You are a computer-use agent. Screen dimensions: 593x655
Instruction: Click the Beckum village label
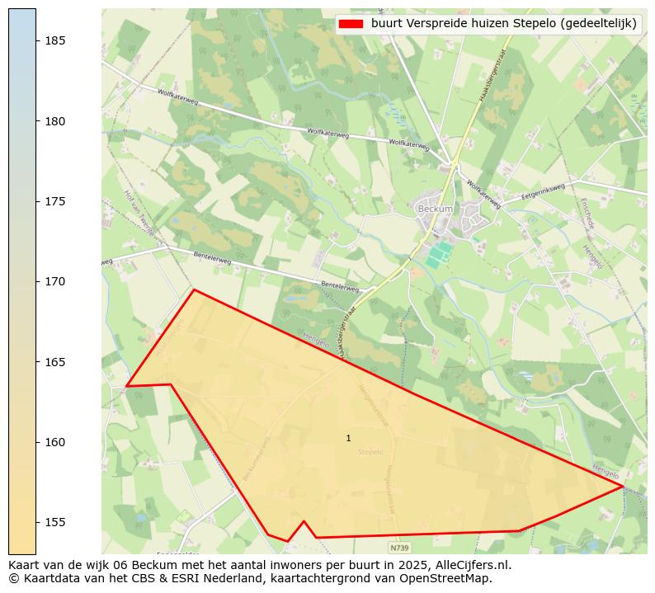[x=435, y=209]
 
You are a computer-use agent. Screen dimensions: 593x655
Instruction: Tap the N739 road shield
[x=399, y=547]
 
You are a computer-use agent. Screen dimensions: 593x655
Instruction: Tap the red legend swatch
[x=350, y=24]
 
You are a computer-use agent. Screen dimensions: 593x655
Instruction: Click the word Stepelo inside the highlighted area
[x=371, y=452]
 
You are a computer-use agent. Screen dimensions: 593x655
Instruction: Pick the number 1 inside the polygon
[x=348, y=439]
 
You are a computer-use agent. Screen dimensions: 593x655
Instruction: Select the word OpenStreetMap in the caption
[x=450, y=578]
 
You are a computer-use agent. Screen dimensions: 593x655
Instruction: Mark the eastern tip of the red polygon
[x=624, y=487]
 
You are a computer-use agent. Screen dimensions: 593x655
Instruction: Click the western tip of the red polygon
[x=126, y=385]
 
